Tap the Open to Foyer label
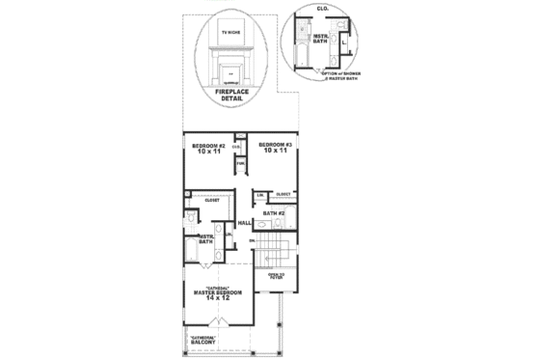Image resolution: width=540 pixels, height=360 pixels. click(278, 276)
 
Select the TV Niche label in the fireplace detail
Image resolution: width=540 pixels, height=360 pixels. click(231, 32)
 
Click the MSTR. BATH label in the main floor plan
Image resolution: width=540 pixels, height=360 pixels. click(204, 238)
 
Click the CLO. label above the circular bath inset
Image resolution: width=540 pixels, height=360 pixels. click(321, 8)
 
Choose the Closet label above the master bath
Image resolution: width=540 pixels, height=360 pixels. click(211, 200)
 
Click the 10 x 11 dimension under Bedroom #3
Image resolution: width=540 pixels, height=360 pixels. click(273, 151)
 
